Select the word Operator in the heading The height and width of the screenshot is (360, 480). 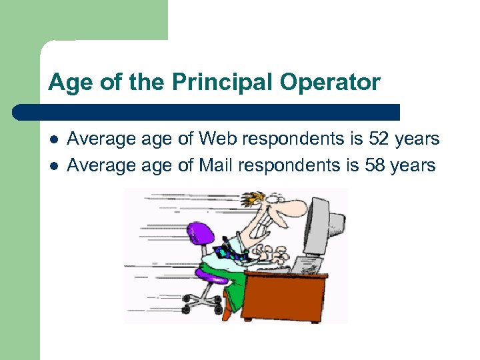click(331, 83)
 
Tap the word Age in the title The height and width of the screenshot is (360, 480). click(66, 83)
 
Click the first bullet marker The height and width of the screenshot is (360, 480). click(53, 139)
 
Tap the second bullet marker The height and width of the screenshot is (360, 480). click(53, 165)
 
